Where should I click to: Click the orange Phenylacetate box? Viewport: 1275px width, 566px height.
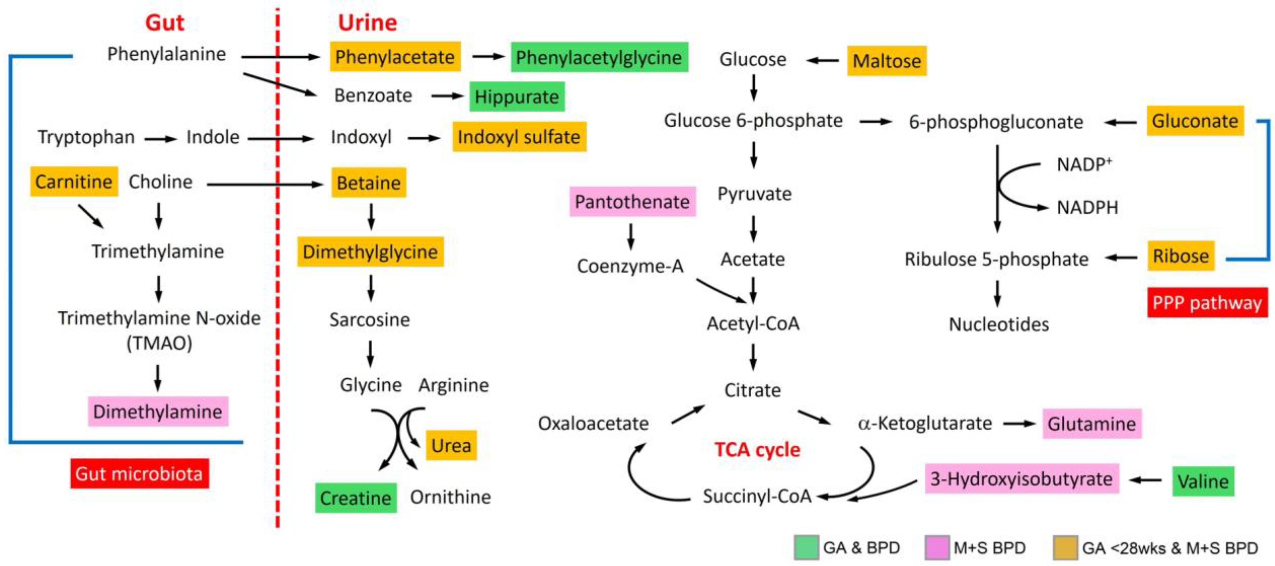395,57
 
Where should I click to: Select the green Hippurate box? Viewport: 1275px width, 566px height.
517,96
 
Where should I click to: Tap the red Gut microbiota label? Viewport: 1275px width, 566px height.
139,474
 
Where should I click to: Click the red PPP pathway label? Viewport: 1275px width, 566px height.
1207,302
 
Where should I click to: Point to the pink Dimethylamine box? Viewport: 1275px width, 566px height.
158,411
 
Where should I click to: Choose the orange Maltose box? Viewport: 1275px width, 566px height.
887,61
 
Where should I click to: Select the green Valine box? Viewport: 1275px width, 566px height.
1203,481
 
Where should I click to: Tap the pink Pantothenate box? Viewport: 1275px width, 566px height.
632,201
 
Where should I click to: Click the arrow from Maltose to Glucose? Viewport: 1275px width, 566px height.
823,61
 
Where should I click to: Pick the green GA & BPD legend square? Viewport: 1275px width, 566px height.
806,547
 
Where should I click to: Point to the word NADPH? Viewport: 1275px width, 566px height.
1087,207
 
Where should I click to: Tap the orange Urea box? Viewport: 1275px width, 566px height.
451,445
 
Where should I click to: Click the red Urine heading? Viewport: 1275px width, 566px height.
367,23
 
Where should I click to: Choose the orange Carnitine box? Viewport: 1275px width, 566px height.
74,181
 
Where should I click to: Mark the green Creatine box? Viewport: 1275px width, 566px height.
356,498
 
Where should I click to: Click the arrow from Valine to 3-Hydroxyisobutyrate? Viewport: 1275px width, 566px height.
1146,480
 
